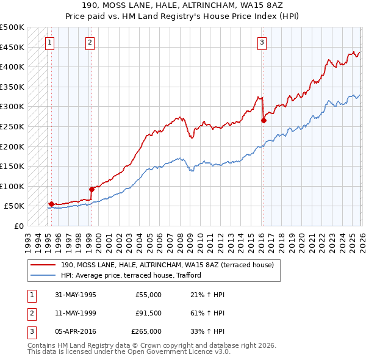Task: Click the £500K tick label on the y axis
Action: pos(12,27)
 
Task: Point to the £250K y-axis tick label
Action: pos(12,127)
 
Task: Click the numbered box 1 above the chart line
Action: pos(49,43)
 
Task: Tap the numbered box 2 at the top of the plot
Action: pos(90,43)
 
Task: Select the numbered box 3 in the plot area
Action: pos(261,43)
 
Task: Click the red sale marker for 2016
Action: pos(264,121)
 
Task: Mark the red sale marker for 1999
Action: pos(91,189)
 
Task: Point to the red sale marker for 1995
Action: pos(51,204)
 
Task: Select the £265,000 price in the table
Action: pos(146,331)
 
